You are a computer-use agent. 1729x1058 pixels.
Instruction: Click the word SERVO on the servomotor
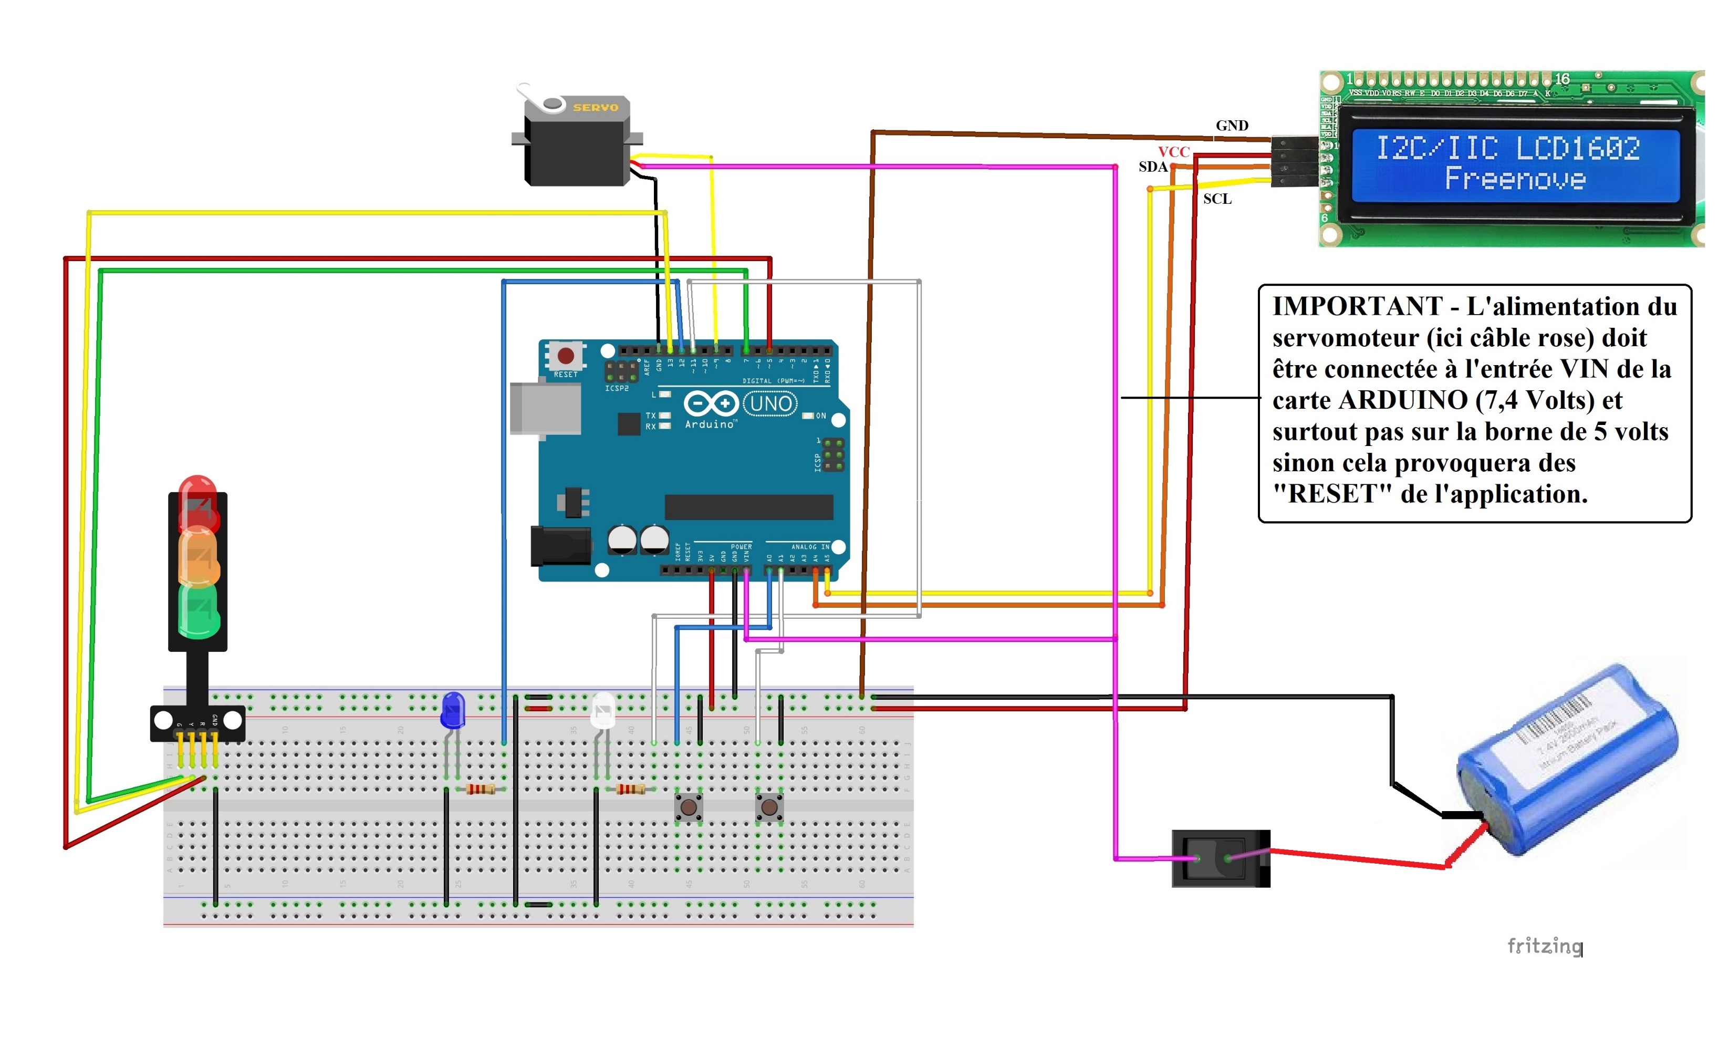(595, 107)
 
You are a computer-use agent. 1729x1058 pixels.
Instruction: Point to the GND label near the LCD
(1232, 126)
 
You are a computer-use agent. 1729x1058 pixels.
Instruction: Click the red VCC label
(1173, 152)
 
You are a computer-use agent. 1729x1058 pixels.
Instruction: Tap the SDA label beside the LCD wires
(1153, 167)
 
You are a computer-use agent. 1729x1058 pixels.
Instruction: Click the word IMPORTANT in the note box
(1357, 307)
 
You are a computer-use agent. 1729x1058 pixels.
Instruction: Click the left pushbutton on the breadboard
(689, 807)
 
